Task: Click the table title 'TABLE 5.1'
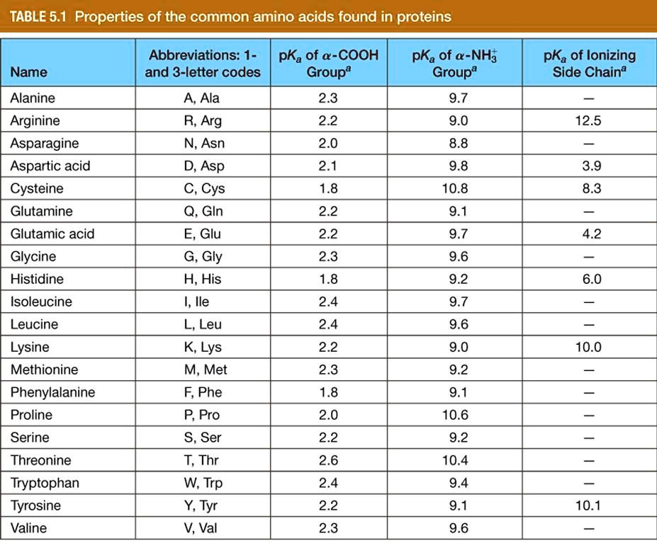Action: click(37, 16)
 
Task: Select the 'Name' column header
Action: click(29, 72)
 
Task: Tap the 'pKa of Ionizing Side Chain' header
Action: click(590, 64)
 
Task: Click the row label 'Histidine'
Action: click(36, 279)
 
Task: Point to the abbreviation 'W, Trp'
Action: click(202, 483)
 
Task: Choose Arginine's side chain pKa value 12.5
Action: click(589, 120)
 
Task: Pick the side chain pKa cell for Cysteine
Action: click(589, 188)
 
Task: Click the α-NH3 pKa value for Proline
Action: click(454, 415)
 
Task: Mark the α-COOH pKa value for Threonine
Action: click(329, 460)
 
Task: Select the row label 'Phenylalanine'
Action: click(52, 392)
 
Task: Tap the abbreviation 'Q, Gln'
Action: click(202, 211)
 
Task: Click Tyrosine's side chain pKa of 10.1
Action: click(589, 505)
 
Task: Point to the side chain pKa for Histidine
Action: click(589, 279)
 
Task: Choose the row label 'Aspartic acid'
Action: click(50, 166)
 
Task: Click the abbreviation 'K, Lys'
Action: click(202, 347)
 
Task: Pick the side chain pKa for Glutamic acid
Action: click(589, 234)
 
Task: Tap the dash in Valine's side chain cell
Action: click(589, 528)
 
